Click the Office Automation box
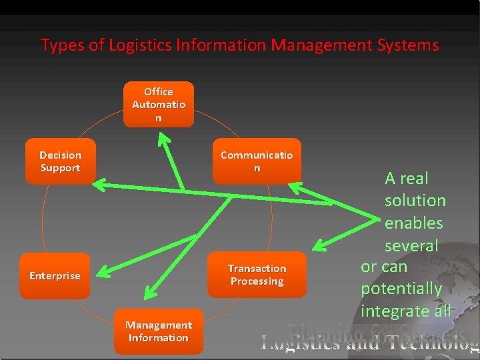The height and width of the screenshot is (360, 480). [x=159, y=104]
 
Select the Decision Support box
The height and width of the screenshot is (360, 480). [x=60, y=161]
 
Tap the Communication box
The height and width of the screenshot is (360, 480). [x=257, y=161]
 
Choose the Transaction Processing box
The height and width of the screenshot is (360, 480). [x=257, y=275]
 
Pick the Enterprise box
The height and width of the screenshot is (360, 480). [x=55, y=275]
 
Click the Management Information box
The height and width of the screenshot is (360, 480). [x=159, y=331]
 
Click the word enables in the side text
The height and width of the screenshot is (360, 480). [x=413, y=223]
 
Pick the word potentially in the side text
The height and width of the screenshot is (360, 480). [x=401, y=289]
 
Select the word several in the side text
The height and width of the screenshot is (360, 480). [x=411, y=245]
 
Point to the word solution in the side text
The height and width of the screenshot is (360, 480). [x=415, y=200]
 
